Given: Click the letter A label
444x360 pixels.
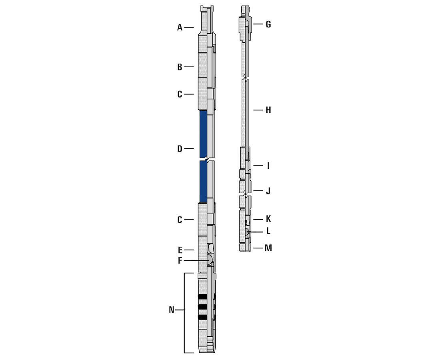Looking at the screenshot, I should click(x=180, y=27).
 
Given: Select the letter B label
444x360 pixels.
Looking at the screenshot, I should click(x=180, y=67).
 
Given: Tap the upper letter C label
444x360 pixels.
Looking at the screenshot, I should click(x=180, y=94).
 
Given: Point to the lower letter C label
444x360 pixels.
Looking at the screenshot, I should click(x=180, y=220).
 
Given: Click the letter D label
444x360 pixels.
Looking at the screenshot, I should click(x=180, y=149).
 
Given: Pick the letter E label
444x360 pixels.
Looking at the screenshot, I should click(x=180, y=250).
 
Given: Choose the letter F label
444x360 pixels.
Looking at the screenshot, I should click(x=180, y=261).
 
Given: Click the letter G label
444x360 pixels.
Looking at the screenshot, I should click(x=268, y=24).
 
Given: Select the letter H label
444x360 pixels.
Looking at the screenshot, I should click(x=268, y=110).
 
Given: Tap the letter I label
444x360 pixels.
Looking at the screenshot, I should click(x=268, y=165).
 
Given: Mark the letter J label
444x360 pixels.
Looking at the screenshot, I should click(x=268, y=191).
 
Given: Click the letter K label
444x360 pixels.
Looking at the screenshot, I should click(x=268, y=219).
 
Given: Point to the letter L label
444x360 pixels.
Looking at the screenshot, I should click(x=268, y=231).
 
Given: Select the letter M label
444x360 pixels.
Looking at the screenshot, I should click(x=268, y=248).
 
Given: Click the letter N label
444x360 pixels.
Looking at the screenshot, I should click(x=172, y=310).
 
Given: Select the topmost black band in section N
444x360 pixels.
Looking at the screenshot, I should click(x=203, y=297).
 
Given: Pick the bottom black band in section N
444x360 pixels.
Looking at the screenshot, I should click(x=203, y=317).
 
